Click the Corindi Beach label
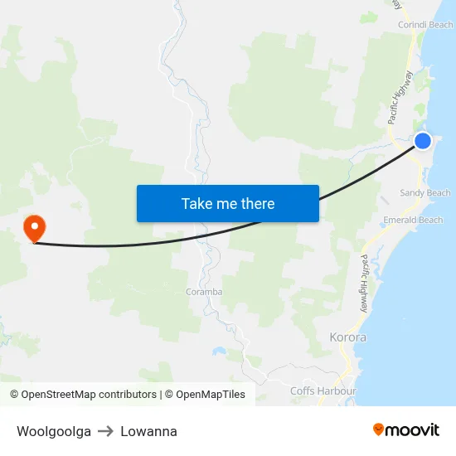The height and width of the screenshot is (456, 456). (x=425, y=26)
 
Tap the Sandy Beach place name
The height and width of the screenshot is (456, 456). (x=425, y=193)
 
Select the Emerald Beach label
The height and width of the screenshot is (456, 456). (x=413, y=221)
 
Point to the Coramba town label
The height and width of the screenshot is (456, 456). (x=204, y=292)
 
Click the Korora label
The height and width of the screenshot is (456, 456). (x=347, y=338)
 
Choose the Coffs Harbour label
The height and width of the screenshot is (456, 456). (x=323, y=391)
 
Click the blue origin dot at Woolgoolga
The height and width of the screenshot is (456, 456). (x=423, y=141)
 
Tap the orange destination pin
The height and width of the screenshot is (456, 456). (x=34, y=227)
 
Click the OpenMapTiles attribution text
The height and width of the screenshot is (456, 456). (x=211, y=395)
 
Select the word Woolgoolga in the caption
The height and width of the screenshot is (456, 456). (x=54, y=431)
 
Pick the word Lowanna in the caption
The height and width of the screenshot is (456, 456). (x=148, y=431)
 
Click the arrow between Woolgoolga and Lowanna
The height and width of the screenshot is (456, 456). (x=105, y=431)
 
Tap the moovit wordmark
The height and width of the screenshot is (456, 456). (x=412, y=430)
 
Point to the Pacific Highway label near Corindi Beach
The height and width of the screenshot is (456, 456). (x=400, y=98)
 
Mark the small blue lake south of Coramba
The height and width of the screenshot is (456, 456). (x=219, y=351)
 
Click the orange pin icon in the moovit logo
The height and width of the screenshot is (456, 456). (x=378, y=429)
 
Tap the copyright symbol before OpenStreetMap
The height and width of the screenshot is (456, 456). (x=15, y=395)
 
